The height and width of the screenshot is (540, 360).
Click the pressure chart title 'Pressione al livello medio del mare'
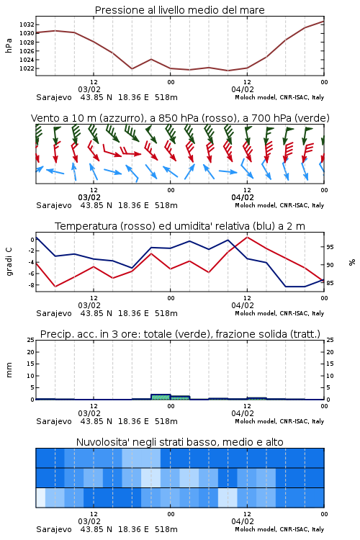(179, 10)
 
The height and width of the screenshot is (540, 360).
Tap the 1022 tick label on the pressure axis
(27, 68)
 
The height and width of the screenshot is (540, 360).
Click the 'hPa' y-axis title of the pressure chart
(9, 45)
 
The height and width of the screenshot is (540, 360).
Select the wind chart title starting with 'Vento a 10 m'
(180, 118)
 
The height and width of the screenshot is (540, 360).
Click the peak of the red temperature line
(248, 237)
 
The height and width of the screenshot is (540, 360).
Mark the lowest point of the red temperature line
(55, 287)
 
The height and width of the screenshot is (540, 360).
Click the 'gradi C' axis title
(9, 262)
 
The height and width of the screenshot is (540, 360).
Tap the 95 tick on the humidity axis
(330, 247)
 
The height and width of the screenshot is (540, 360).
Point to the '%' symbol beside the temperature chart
(352, 262)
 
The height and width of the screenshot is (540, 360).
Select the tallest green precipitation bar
(161, 397)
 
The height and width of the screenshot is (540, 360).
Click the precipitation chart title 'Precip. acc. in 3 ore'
(180, 334)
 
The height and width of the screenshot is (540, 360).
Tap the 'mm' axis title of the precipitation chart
(9, 370)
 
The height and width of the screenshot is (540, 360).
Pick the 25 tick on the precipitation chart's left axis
(31, 340)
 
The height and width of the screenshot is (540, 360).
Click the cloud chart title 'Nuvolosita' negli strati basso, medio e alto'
(179, 442)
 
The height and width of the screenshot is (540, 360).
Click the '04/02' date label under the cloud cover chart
(243, 521)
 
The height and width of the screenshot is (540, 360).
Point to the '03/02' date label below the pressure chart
(89, 89)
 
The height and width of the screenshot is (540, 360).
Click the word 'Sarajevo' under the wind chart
(54, 205)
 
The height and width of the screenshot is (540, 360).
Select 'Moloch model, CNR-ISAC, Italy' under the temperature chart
(279, 313)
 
